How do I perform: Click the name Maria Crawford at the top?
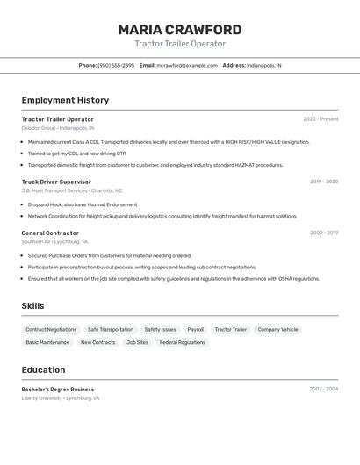(x=180, y=30)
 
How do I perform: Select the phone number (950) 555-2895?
(x=116, y=65)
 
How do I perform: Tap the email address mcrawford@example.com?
(x=187, y=65)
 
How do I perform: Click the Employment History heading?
(x=65, y=100)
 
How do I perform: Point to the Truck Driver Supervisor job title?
(x=56, y=182)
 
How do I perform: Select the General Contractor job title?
(x=50, y=232)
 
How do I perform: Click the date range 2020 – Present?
(x=320, y=119)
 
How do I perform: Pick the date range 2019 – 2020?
(x=324, y=182)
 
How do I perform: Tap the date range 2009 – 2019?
(x=324, y=232)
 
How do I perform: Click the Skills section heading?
(x=32, y=305)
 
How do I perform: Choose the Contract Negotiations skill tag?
(x=51, y=330)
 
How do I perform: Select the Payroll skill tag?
(x=195, y=330)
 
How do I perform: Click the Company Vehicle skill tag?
(x=277, y=330)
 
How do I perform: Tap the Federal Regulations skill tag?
(x=183, y=342)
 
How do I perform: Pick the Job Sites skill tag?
(x=137, y=342)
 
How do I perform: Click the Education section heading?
(x=43, y=369)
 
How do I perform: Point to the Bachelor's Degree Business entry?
(x=58, y=389)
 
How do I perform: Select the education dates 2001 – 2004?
(x=323, y=389)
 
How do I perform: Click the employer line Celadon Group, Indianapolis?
(x=57, y=128)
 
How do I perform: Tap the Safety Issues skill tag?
(x=160, y=330)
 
